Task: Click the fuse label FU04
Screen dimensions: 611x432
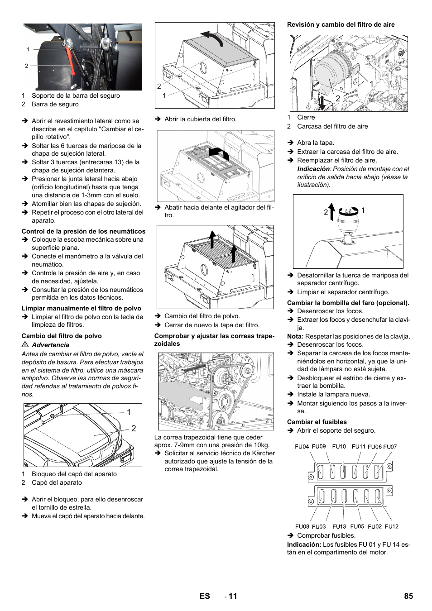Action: [302, 446]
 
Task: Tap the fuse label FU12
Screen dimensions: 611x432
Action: [391, 526]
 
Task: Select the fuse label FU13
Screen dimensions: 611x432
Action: [339, 526]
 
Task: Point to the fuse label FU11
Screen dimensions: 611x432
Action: [358, 446]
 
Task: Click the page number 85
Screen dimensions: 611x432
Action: [408, 596]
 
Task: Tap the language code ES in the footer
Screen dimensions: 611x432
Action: [205, 596]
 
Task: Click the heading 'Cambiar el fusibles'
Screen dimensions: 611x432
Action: [317, 422]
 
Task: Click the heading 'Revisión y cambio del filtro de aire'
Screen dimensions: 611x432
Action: [341, 24]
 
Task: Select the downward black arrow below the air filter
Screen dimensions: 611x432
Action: [321, 101]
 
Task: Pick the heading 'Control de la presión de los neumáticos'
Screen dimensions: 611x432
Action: [84, 231]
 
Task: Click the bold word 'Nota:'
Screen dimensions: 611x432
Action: [295, 336]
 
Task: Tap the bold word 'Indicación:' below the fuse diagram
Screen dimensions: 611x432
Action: [304, 544]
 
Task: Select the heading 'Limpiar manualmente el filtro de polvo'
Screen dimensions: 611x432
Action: [82, 308]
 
